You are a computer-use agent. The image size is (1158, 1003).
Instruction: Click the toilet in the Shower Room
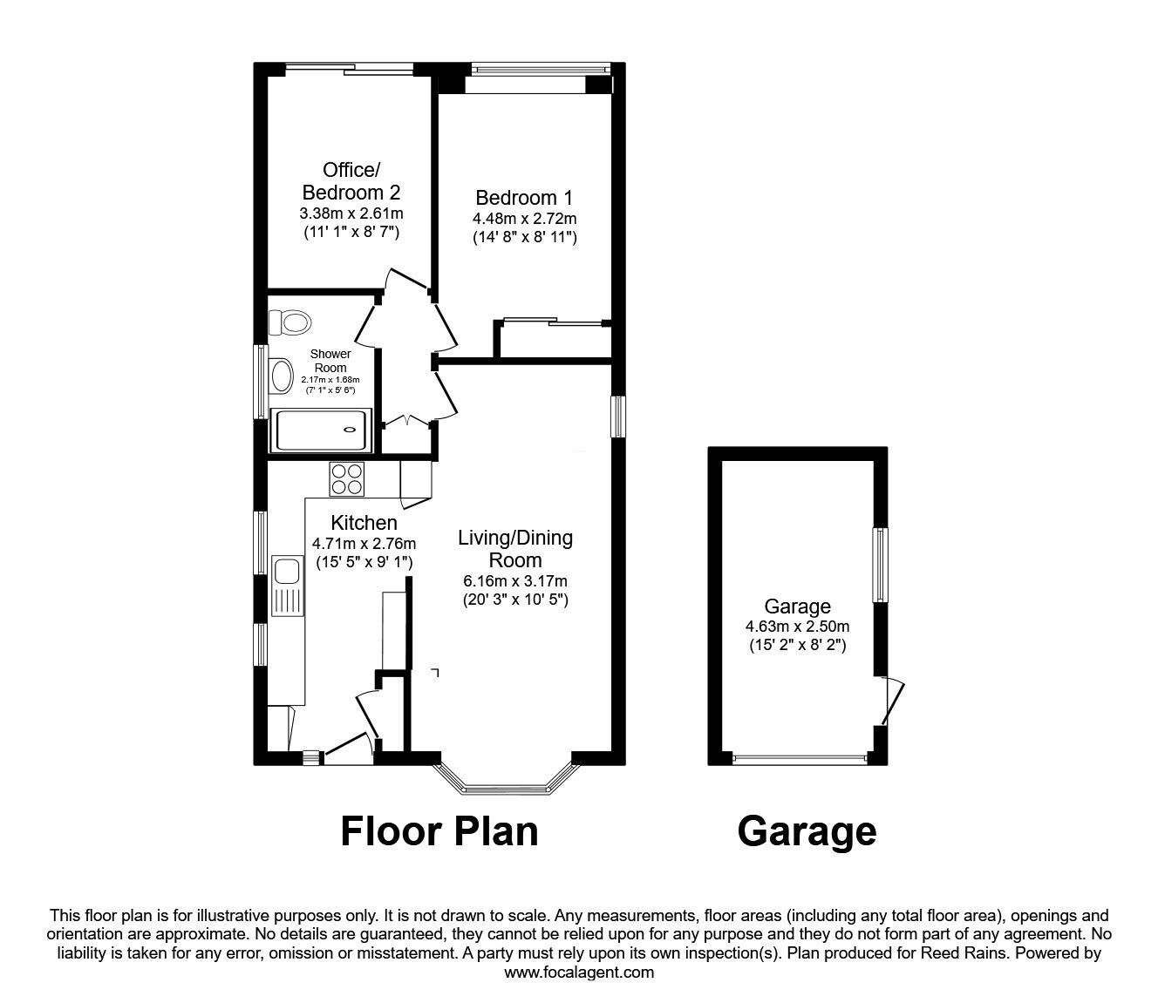pos(290,323)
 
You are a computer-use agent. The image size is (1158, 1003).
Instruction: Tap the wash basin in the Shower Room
pos(281,376)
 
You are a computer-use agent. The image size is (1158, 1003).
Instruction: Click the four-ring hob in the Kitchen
pos(346,478)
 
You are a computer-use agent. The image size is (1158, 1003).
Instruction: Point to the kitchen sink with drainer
pos(287,585)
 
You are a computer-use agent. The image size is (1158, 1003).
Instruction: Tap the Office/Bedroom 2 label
pos(351,181)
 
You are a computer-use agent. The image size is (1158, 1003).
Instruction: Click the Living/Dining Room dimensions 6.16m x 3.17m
pos(514,581)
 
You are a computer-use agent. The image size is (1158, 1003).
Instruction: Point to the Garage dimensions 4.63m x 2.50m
pos(797,627)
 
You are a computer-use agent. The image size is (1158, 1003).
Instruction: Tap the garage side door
pos(889,701)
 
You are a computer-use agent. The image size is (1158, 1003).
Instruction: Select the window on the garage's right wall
pos(881,565)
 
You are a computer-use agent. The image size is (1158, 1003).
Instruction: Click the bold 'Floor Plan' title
pos(439,831)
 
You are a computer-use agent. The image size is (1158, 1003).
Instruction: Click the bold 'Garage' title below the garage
pos(806,831)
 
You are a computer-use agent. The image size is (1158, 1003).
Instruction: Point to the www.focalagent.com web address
pos(579,973)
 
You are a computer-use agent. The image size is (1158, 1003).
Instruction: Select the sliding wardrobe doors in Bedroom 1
pos(553,322)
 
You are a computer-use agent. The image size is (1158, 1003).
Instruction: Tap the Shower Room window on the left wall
pos(260,382)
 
